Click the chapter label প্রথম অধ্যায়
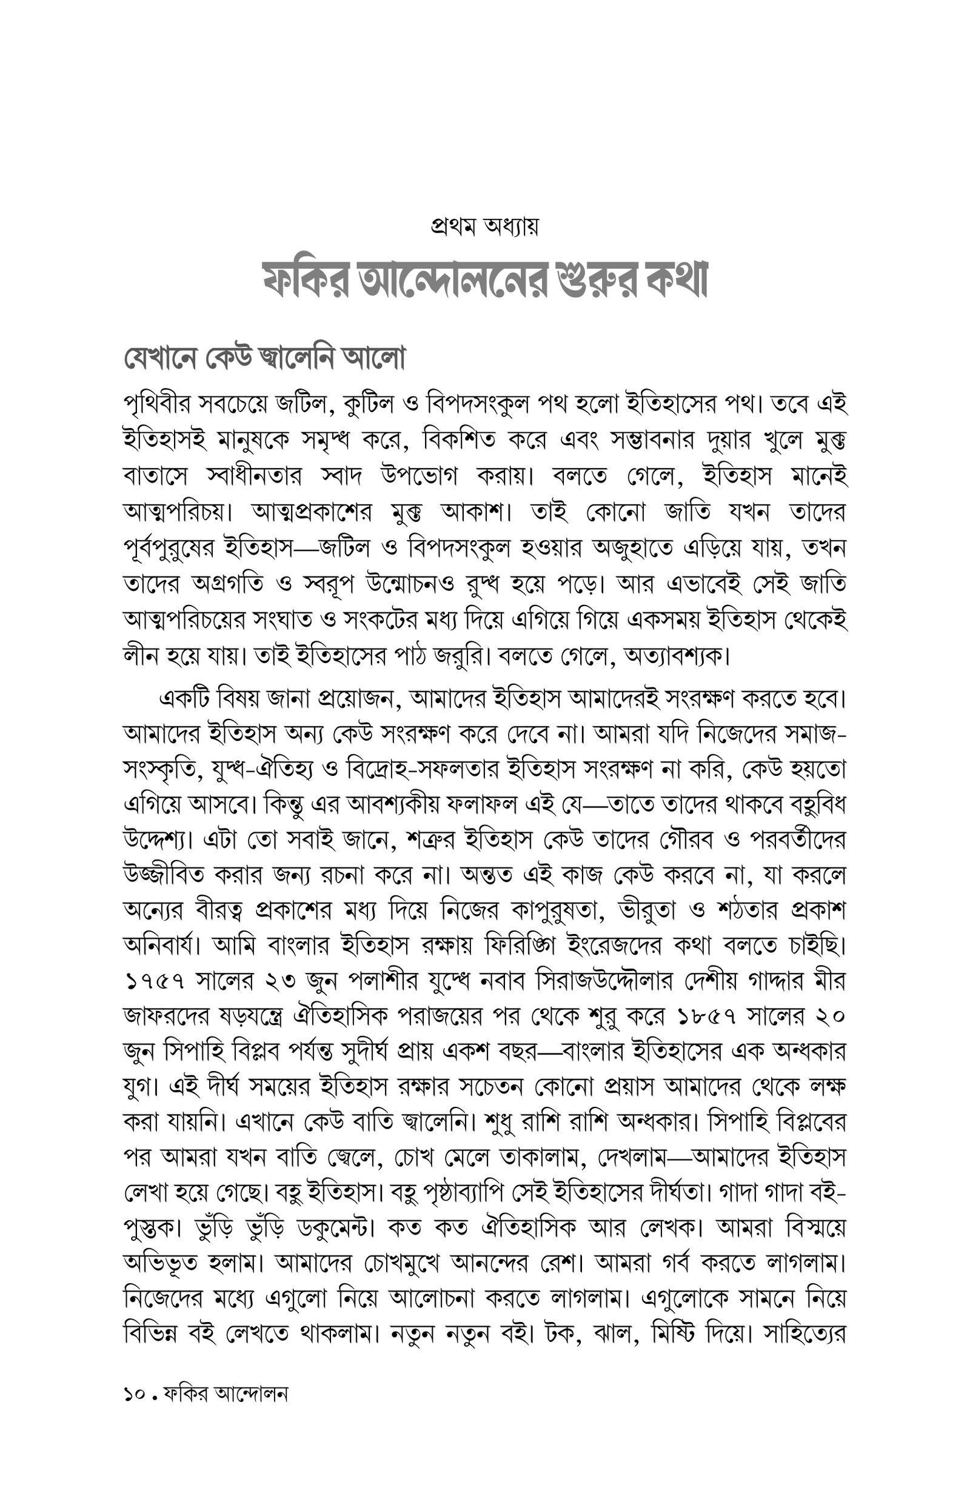[x=484, y=226]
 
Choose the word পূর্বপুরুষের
[x=168, y=549]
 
